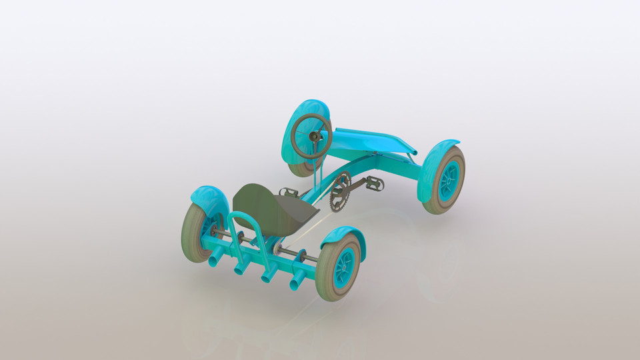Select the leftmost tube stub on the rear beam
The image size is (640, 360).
[x=215, y=259]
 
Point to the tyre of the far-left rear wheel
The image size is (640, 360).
[x=191, y=230]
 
